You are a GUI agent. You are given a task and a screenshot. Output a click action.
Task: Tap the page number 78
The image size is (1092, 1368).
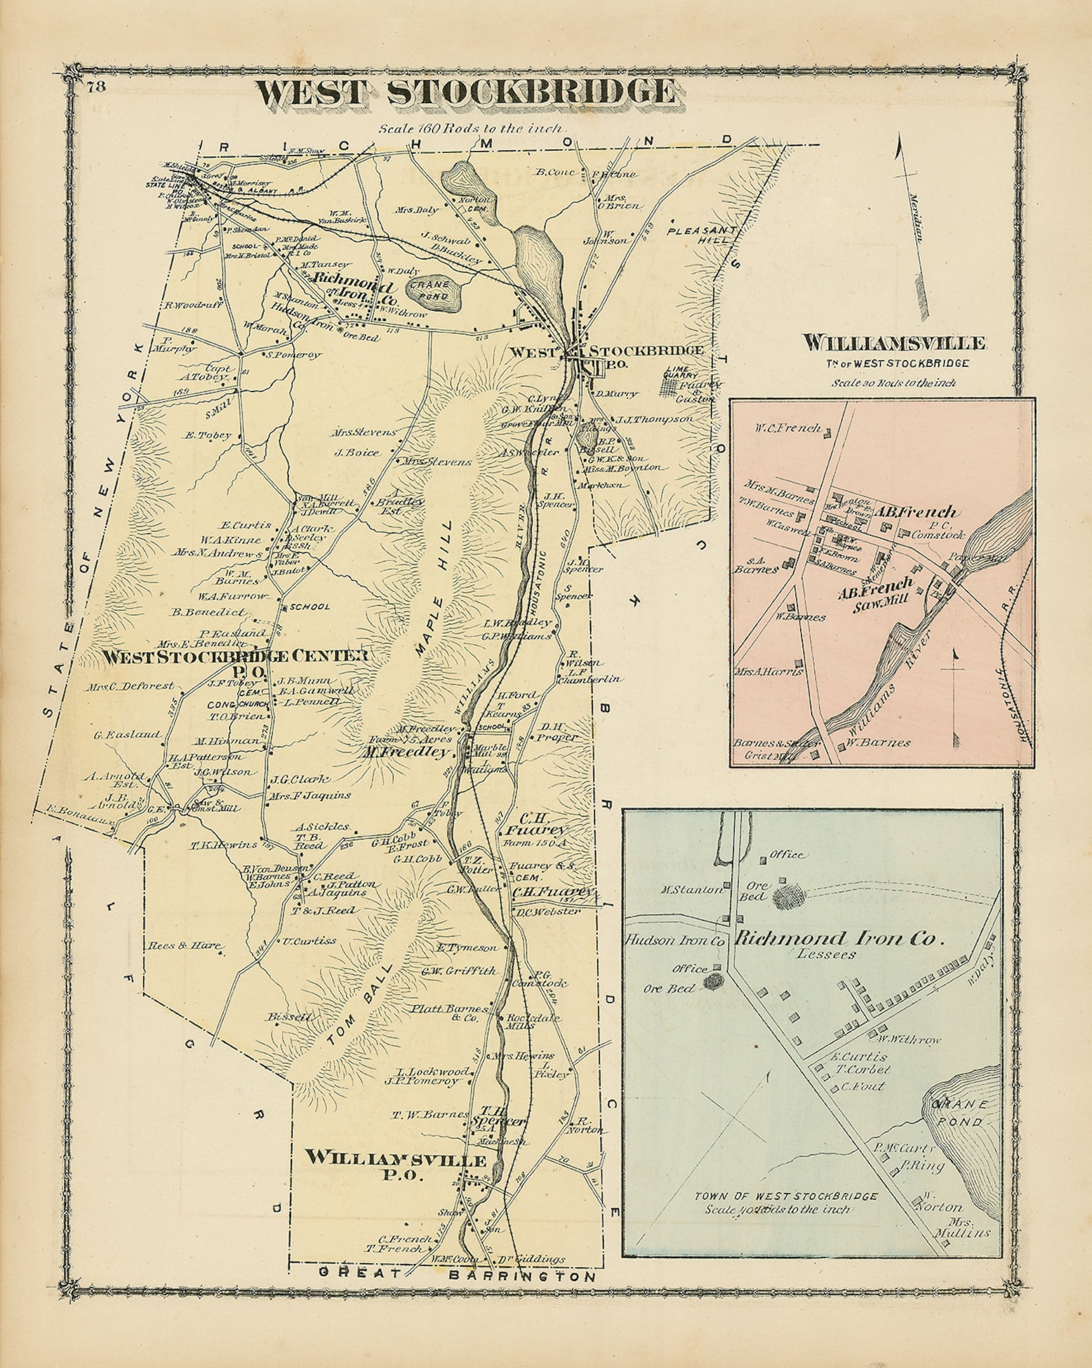click(96, 87)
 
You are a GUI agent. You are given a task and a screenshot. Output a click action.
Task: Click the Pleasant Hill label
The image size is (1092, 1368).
click(701, 236)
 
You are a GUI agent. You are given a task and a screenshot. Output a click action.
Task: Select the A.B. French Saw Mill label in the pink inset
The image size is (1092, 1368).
click(875, 592)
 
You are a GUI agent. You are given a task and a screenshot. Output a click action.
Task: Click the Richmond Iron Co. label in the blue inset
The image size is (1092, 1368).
click(837, 939)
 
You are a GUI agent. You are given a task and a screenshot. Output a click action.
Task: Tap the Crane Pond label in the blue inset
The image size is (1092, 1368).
click(959, 1114)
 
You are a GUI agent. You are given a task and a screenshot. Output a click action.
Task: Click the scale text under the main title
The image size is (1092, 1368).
click(470, 128)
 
